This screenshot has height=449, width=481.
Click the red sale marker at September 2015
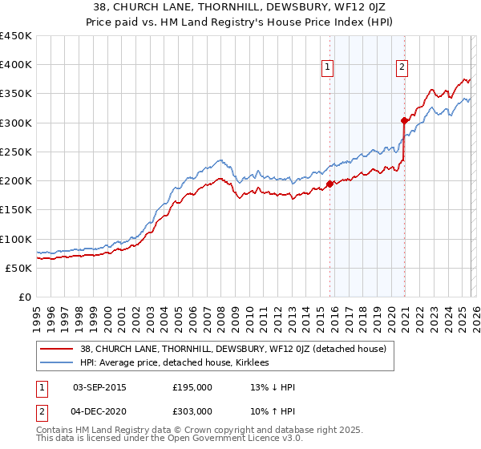[329, 184]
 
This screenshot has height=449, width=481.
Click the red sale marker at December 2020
[404, 121]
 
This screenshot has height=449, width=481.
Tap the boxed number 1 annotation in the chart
[329, 68]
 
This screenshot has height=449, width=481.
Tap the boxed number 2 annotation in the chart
[402, 68]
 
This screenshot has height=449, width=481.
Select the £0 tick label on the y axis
[25, 297]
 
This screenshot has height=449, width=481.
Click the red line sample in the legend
[58, 349]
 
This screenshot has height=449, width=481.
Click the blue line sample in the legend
[58, 362]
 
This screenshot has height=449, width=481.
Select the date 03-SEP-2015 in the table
[99, 387]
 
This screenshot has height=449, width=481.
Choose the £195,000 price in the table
[192, 387]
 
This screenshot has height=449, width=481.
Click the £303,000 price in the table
[192, 411]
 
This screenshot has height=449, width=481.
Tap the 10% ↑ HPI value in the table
[273, 411]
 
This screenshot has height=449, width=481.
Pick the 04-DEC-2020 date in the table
[99, 411]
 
